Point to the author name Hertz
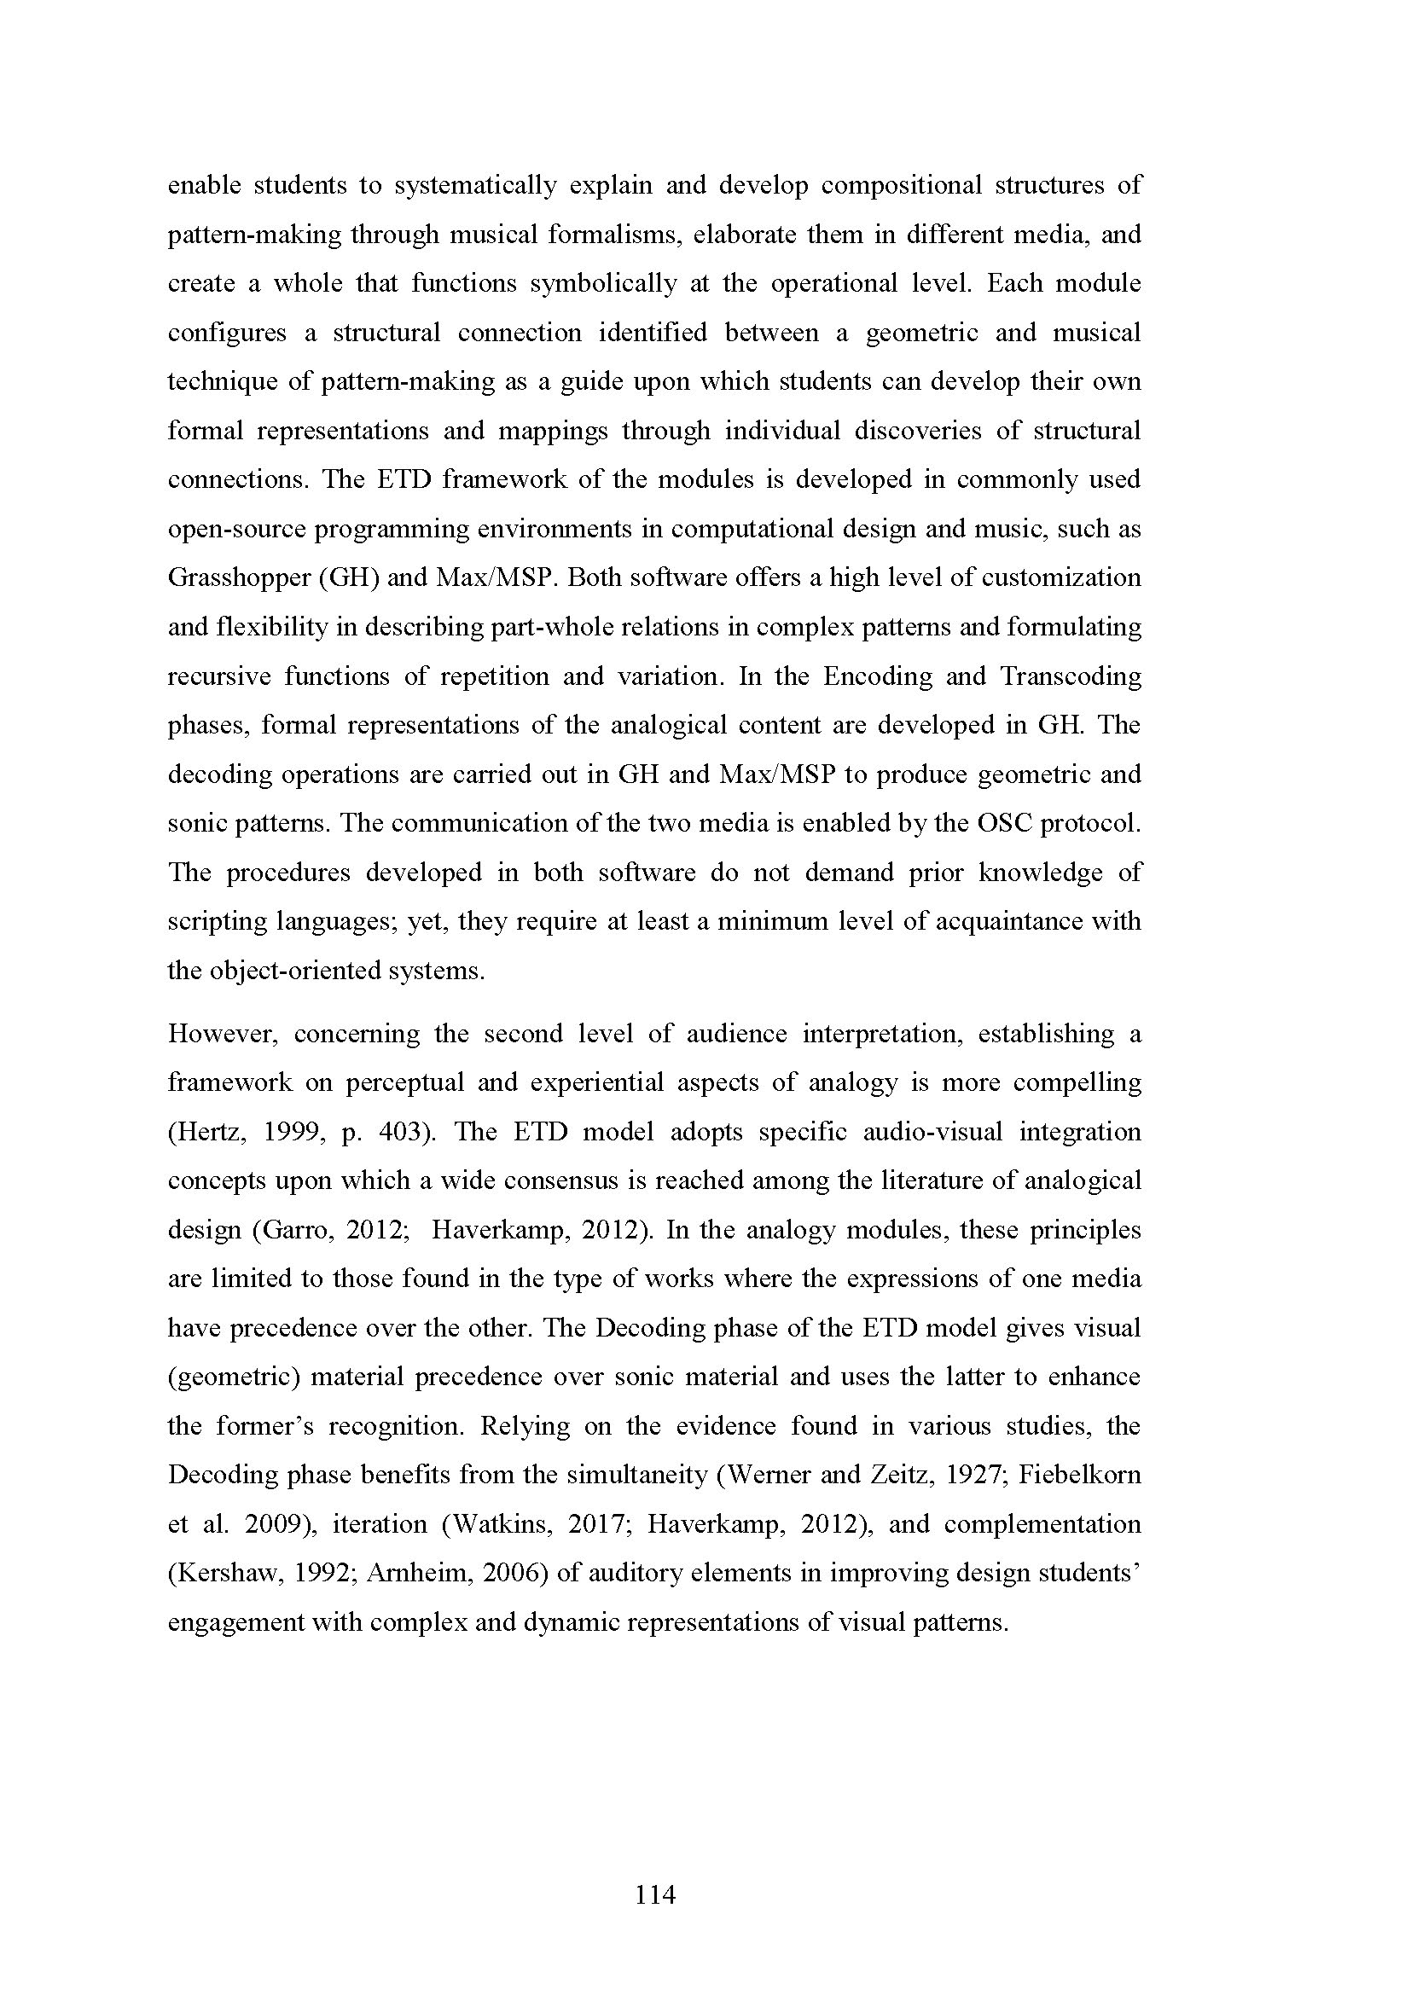[x=202, y=1132]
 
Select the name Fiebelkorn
[x=1080, y=1476]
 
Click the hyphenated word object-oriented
[x=288, y=971]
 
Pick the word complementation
[x=1042, y=1524]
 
